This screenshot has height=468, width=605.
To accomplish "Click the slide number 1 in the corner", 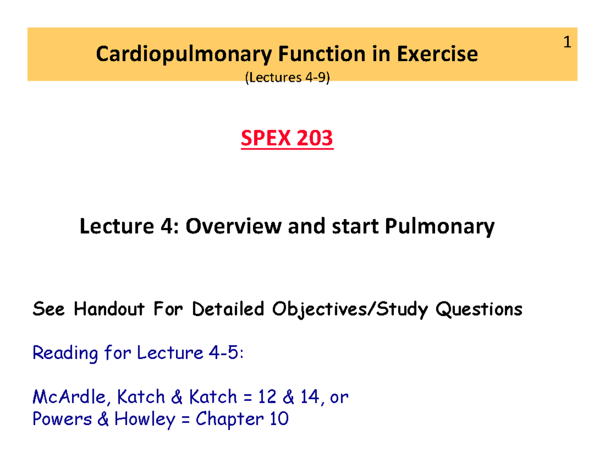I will point(567,44).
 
